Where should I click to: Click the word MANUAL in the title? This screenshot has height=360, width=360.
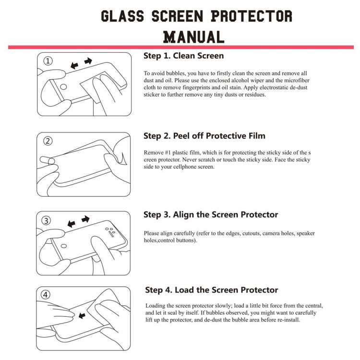point(193,36)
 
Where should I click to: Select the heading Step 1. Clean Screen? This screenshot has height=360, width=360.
point(183,56)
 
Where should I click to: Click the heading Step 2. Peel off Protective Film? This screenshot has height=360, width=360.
point(204,136)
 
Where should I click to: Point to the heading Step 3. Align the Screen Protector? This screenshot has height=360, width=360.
point(211,215)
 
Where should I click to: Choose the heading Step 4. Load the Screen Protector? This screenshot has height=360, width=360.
point(212,290)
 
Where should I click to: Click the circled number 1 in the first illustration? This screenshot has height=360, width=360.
point(48,61)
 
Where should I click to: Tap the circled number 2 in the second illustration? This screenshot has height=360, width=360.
point(48,141)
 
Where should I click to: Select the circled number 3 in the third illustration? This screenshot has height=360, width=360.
point(47,220)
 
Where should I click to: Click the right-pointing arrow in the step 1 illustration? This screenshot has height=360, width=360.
point(88,61)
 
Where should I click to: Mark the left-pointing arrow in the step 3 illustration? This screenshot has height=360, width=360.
point(72,224)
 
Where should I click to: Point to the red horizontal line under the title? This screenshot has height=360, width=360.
point(180,47)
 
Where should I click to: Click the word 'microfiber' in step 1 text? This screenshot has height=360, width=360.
point(296,81)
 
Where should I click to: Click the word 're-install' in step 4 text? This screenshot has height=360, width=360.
point(288,320)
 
